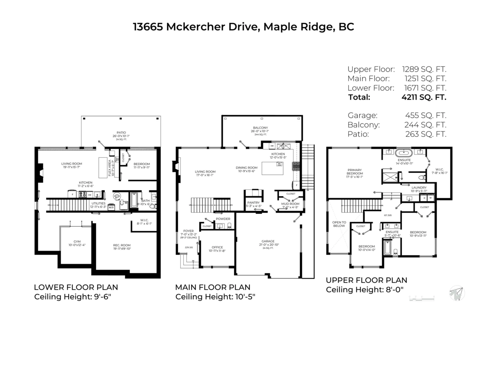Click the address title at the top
point(243,27)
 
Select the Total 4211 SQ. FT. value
point(424,97)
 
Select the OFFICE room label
point(217,247)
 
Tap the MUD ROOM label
point(290,204)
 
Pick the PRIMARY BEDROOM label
point(354,172)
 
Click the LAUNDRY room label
point(418,187)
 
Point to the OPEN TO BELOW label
point(339,224)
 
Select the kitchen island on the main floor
point(272,168)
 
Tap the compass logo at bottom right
point(457,293)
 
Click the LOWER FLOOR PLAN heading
point(76,288)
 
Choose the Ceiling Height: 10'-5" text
point(215,297)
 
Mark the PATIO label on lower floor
point(121,133)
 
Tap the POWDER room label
point(223,219)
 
